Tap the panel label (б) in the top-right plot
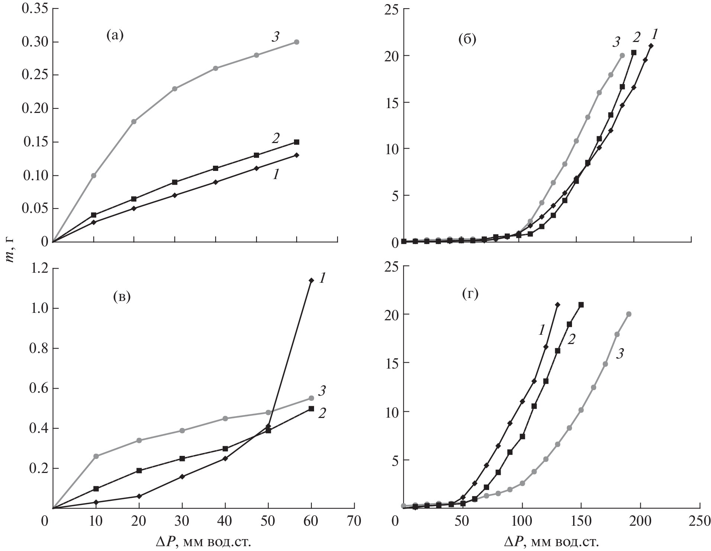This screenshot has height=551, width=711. pyautogui.click(x=467, y=39)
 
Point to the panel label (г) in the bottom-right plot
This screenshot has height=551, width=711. pyautogui.click(x=470, y=294)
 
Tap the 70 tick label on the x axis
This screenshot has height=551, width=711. pyautogui.click(x=354, y=521)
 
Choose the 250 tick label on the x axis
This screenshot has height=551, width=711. pyautogui.click(x=699, y=521)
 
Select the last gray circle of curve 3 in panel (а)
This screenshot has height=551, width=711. pyautogui.click(x=297, y=42)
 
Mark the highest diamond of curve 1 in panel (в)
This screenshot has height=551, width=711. pyautogui.click(x=311, y=280)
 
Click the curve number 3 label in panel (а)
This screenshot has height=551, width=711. pyautogui.click(x=275, y=37)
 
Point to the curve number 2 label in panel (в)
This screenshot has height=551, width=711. pyautogui.click(x=322, y=413)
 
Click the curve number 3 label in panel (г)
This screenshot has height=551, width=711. pyautogui.click(x=620, y=354)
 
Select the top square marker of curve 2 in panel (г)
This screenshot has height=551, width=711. pyautogui.click(x=581, y=305)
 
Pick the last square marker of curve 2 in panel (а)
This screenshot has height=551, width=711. pyautogui.click(x=297, y=142)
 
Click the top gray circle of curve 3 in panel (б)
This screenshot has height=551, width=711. pyautogui.click(x=622, y=55)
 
